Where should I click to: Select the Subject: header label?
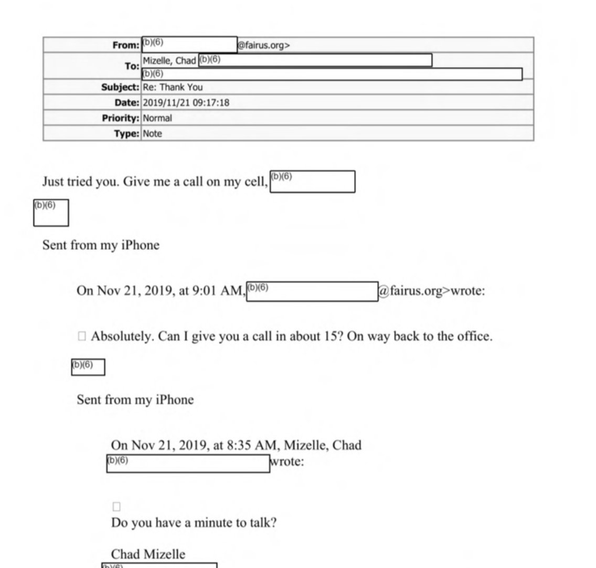[120, 87]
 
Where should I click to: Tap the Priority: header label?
[121, 118]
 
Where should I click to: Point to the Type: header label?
[127, 134]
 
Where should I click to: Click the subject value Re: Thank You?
[173, 87]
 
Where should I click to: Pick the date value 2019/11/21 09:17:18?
[186, 103]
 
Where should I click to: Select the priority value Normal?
[157, 118]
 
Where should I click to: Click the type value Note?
[153, 134]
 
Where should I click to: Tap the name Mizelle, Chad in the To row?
[169, 60]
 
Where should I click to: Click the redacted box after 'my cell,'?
[312, 182]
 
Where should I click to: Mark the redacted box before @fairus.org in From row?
[189, 45]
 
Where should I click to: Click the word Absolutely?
[122, 336]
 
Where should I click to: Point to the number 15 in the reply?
[327, 336]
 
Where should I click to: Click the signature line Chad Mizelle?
[148, 554]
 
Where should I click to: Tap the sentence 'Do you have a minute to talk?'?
[194, 523]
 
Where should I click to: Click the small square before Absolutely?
[81, 336]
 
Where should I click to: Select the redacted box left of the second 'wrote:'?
[188, 464]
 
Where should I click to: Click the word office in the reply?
[474, 336]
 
